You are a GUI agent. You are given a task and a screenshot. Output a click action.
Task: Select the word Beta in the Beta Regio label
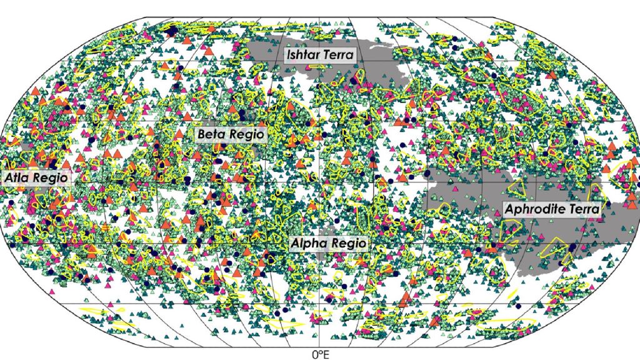(x=211, y=134)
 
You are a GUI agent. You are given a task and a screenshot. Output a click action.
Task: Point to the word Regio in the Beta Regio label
(x=245, y=134)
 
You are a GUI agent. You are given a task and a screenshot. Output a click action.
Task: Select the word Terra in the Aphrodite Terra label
(x=584, y=209)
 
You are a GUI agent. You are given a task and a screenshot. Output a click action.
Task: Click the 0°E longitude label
(x=319, y=354)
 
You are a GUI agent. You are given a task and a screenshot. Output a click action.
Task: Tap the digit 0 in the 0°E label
(x=314, y=354)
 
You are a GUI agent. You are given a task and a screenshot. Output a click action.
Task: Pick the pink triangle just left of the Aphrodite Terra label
(x=497, y=209)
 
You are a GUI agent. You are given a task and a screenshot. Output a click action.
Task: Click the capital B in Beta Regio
(x=201, y=134)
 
